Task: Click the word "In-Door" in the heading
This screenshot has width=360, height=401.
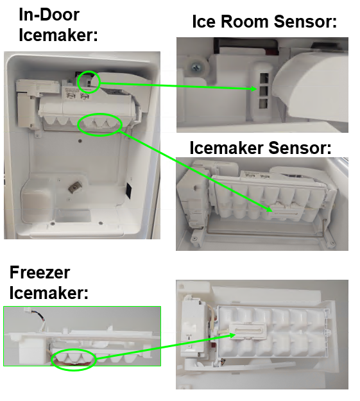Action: pos(49,15)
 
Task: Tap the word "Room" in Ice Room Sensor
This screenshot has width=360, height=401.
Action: pos(244,21)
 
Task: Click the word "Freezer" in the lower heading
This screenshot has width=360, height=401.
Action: pos(40,273)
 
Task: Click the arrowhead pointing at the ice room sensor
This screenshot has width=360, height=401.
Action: pos(253,89)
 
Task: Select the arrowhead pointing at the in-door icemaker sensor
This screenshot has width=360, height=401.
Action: pos(269,210)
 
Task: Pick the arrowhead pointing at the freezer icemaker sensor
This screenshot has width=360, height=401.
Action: pos(232,335)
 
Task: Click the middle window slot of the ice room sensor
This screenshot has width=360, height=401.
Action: pos(264,90)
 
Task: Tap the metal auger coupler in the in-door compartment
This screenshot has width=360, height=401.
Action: pos(74,187)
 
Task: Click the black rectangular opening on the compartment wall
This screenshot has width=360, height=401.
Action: pos(129,191)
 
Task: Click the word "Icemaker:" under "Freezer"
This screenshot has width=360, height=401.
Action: pos(49,293)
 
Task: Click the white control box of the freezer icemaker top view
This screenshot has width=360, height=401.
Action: pos(193,328)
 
